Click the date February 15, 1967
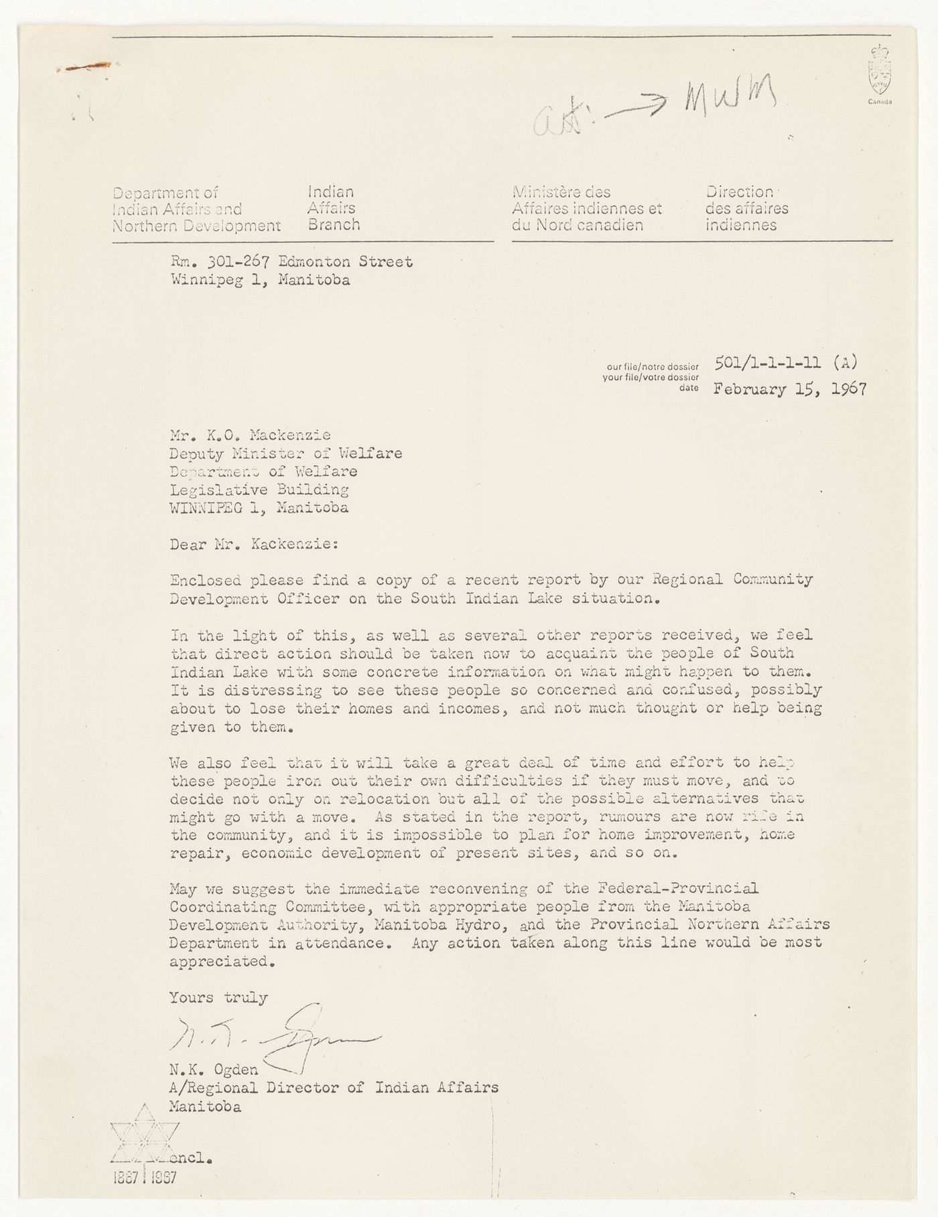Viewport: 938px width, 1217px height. coord(790,389)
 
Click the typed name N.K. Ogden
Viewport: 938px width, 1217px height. coord(213,1070)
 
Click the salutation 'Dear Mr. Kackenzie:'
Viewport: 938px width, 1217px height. coord(254,544)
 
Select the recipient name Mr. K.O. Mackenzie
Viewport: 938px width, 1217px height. coord(250,435)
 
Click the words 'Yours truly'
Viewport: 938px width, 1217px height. coord(218,998)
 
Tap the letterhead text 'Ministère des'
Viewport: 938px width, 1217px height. coord(561,193)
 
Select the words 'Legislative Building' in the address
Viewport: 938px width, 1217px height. coord(259,490)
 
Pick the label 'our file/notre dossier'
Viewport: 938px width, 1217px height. coord(653,367)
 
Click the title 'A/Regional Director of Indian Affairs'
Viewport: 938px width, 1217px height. coord(334,1088)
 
